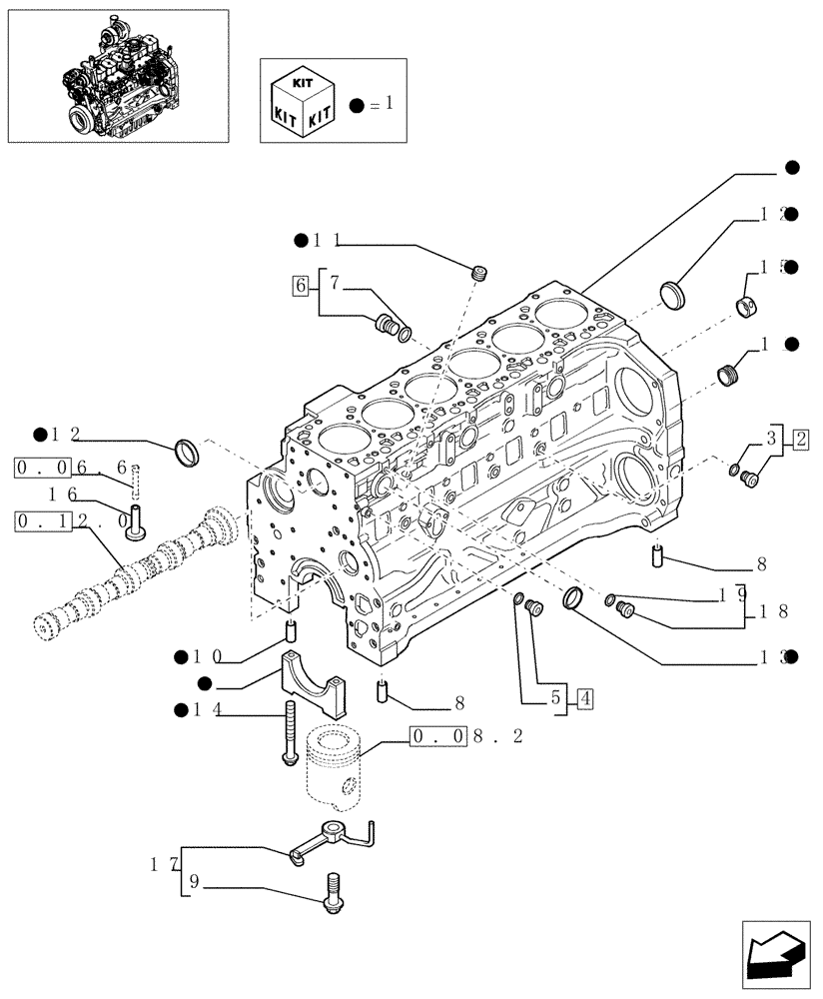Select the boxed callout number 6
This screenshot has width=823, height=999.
(x=300, y=286)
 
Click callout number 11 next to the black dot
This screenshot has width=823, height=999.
(x=326, y=241)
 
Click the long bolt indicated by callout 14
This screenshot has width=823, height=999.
(x=291, y=733)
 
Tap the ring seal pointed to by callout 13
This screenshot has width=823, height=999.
(x=575, y=599)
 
